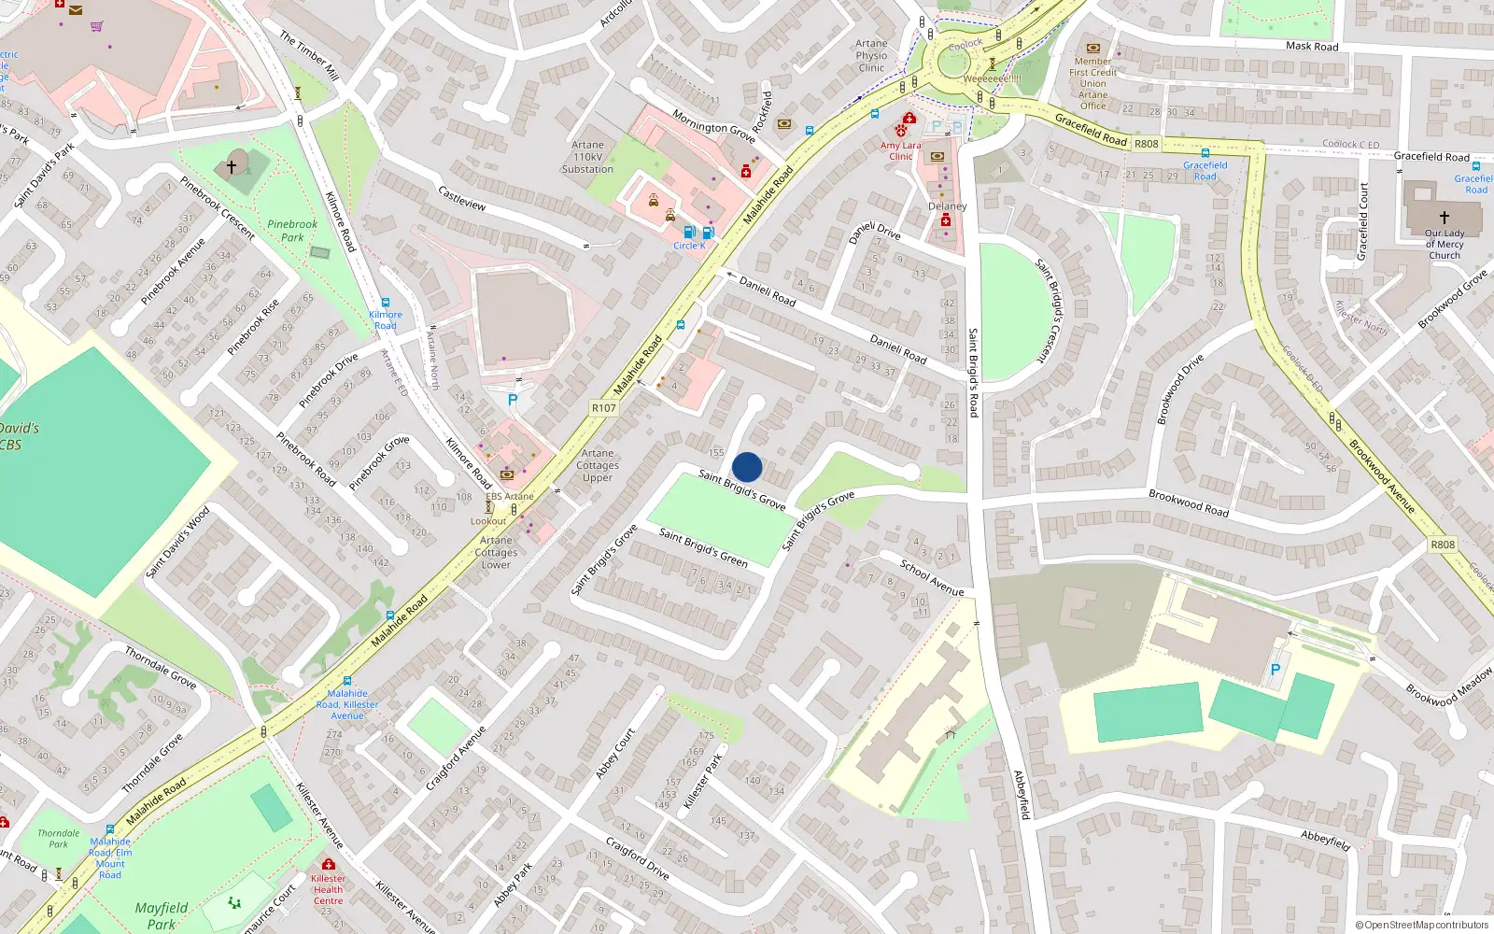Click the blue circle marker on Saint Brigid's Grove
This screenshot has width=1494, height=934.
[747, 467]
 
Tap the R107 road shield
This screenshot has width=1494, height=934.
[603, 408]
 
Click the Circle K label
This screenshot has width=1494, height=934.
[689, 246]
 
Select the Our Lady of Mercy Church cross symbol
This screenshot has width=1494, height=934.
[1445, 217]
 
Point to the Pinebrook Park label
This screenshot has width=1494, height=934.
[292, 231]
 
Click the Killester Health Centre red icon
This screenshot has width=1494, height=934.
[329, 864]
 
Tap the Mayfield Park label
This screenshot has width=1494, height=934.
[161, 914]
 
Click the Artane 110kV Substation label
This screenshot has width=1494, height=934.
[587, 157]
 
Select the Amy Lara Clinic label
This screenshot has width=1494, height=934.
[900, 151]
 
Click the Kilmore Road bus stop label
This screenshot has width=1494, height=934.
[386, 320]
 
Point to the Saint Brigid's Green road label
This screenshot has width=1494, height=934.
[703, 547]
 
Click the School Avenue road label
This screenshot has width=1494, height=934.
[931, 577]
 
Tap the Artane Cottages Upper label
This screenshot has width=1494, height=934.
[598, 465]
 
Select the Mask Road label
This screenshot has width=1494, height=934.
[1311, 46]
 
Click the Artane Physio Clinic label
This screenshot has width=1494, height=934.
[871, 55]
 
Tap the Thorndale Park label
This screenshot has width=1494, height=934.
[58, 838]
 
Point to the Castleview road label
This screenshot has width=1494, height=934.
[462, 198]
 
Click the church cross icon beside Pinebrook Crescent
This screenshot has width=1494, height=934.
[232, 167]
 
